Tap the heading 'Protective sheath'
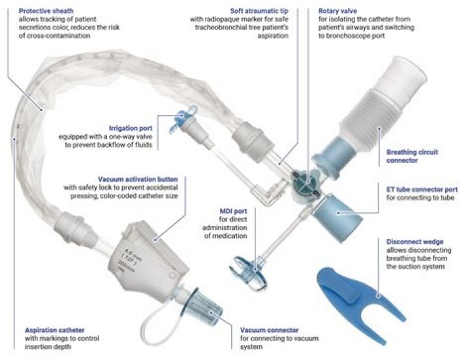(x=46, y=11)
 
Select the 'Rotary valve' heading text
(x=337, y=11)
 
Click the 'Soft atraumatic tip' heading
(x=259, y=11)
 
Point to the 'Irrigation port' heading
(x=131, y=129)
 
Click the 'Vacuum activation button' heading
(x=138, y=180)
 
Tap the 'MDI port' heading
(x=233, y=211)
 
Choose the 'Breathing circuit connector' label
(x=412, y=156)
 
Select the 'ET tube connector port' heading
(x=422, y=189)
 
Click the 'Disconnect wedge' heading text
(x=415, y=242)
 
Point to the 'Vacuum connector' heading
(x=269, y=331)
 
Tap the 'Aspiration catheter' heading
(x=55, y=331)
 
